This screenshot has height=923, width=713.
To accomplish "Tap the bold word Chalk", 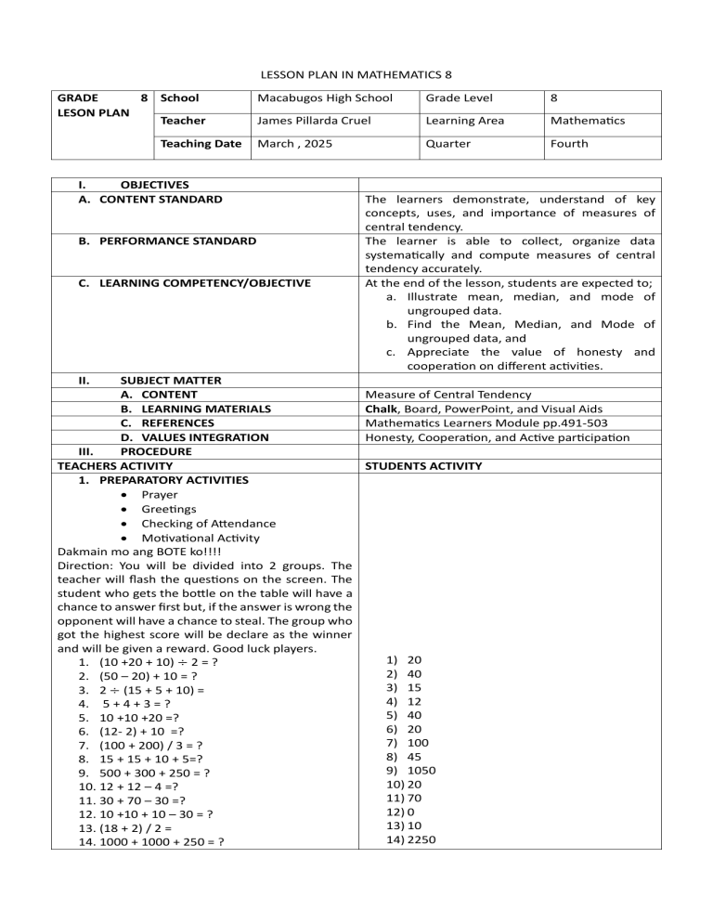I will point(383,409).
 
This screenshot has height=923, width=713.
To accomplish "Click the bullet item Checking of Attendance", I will point(195,524).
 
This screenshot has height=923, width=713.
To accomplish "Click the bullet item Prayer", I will point(160,495).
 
